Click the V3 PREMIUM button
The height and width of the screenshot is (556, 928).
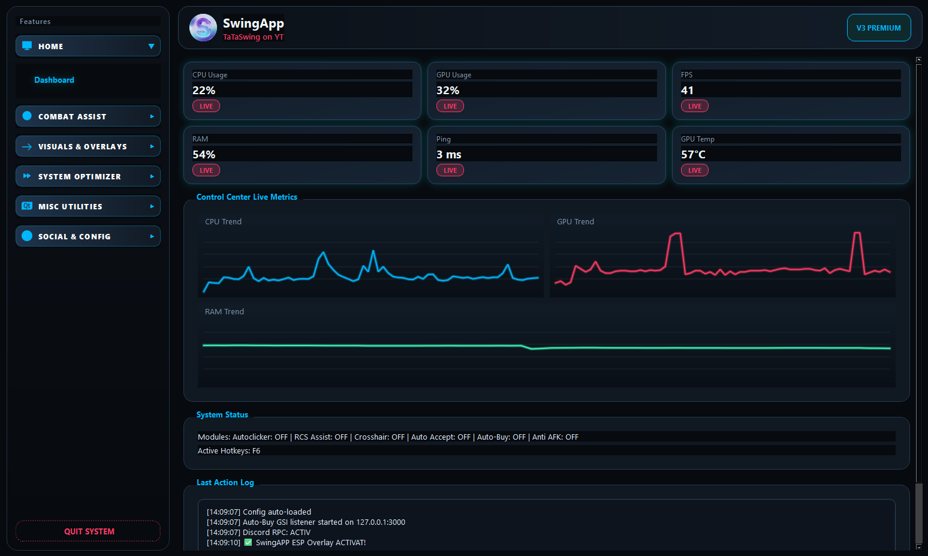point(879,28)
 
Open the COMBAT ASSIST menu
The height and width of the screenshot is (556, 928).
point(88,116)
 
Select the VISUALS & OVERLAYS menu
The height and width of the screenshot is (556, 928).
point(88,146)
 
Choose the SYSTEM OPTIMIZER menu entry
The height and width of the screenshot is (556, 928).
point(88,176)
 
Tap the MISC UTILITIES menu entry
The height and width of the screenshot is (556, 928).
point(88,206)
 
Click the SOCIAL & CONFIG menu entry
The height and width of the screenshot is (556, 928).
point(88,236)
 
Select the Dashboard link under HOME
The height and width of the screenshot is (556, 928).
point(55,80)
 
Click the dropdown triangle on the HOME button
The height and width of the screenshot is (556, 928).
point(151,46)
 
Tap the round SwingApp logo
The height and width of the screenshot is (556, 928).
point(203,28)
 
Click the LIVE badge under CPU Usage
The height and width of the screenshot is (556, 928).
point(206,106)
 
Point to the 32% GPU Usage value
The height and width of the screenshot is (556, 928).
point(448,91)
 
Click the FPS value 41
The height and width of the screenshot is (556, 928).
point(687,91)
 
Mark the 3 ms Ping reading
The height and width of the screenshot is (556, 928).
point(448,155)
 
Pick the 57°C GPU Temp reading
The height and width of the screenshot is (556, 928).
point(693,155)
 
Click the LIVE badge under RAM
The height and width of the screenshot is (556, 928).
point(206,170)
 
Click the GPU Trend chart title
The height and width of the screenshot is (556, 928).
point(576,222)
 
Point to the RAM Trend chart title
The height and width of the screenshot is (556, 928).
point(224,312)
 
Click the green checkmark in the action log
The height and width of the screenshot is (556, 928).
point(248,542)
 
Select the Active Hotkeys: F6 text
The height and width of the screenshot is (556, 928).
point(229,450)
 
